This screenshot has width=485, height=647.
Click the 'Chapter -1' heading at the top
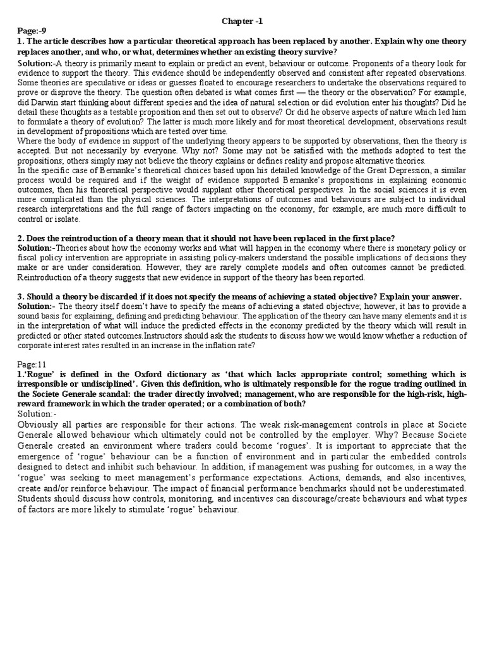[x=242, y=21]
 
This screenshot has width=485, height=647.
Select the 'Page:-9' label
[x=30, y=30]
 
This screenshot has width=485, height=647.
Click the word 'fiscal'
[x=27, y=258]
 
